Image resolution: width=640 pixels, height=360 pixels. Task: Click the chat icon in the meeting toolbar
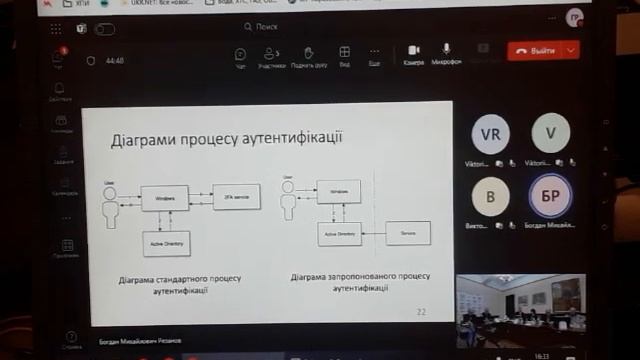click(x=241, y=53)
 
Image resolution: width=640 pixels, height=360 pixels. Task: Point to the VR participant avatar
click(x=490, y=133)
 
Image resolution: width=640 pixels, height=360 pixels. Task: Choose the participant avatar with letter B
click(x=490, y=197)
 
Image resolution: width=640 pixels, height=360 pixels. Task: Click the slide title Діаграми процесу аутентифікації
click(x=226, y=137)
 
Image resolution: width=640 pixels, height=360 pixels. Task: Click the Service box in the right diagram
click(x=408, y=233)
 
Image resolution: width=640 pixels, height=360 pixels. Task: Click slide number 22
click(x=421, y=312)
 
